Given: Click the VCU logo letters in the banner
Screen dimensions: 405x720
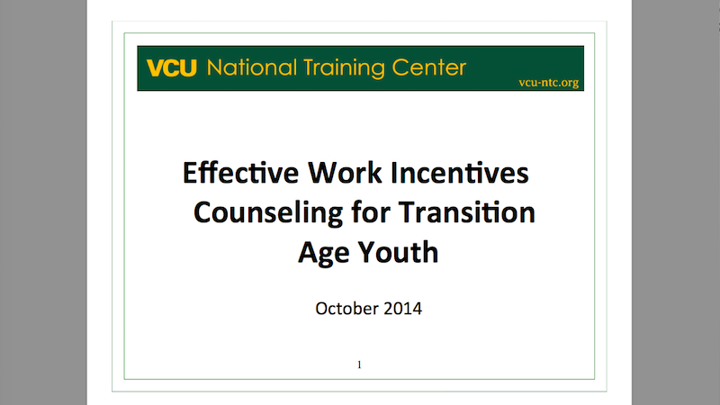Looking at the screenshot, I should pyautogui.click(x=173, y=68).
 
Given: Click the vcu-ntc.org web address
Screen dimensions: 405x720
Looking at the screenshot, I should pyautogui.click(x=548, y=83).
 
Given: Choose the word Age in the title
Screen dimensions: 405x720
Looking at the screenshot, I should pyautogui.click(x=320, y=253).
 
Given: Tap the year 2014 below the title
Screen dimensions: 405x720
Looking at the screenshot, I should pyautogui.click(x=400, y=309).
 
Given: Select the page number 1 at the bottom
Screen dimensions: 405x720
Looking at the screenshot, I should pyautogui.click(x=359, y=365).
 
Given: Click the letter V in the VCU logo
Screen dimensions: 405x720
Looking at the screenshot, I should pyautogui.click(x=155, y=68).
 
